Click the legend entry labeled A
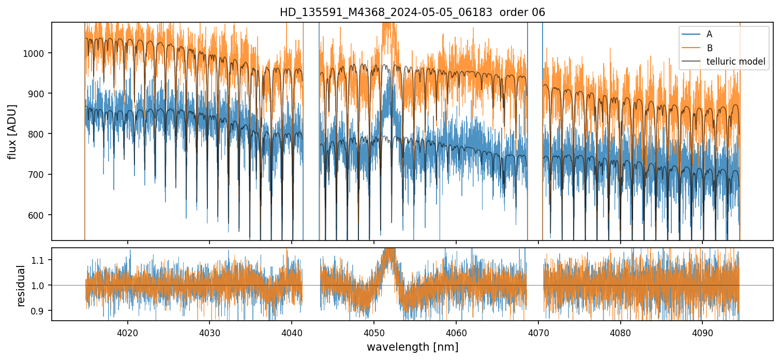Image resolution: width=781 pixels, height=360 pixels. (709, 34)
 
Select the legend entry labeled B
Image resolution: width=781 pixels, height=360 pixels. (709, 48)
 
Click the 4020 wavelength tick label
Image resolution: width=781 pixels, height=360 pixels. (127, 332)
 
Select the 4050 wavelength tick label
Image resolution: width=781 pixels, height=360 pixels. (373, 332)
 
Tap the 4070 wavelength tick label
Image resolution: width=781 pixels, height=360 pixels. (538, 332)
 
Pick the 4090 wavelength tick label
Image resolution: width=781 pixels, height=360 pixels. (702, 332)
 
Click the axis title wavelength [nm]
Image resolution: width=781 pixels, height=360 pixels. (412, 347)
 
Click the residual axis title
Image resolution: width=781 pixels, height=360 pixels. (21, 286)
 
